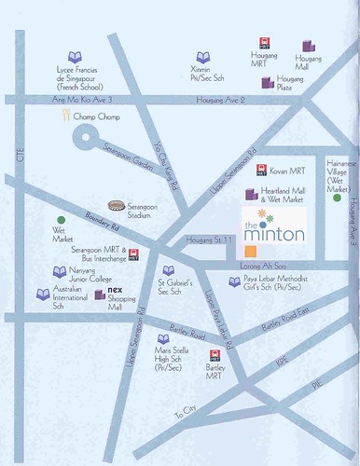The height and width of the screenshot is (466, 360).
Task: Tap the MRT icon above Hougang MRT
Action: tap(264, 43)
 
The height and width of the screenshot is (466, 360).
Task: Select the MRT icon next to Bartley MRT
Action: tap(217, 355)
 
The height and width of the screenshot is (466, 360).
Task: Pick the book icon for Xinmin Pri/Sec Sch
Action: tap(202, 58)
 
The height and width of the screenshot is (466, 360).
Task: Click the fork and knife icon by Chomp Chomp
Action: tap(66, 116)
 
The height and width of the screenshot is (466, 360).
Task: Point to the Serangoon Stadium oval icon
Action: tap(116, 204)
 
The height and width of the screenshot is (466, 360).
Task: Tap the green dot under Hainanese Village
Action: tap(337, 198)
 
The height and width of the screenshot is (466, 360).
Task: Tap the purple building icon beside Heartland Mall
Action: tap(249, 195)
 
